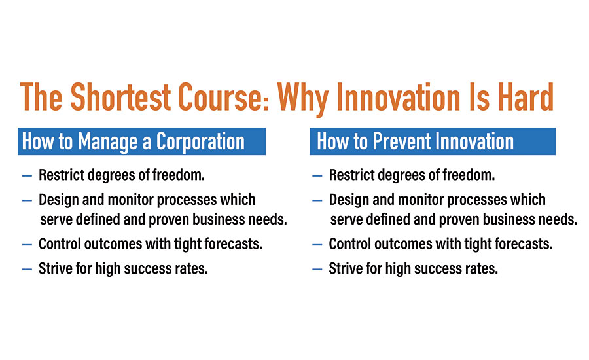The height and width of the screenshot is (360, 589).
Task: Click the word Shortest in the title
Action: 120,97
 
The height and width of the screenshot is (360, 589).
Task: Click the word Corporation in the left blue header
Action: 200,141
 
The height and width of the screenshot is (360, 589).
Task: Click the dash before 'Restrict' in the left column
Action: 27,176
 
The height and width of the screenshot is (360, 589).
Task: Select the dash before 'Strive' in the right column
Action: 317,270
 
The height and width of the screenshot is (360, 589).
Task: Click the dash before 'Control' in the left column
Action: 27,245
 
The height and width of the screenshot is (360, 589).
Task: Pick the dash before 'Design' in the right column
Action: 317,201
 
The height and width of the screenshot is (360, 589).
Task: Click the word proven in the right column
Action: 459,220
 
